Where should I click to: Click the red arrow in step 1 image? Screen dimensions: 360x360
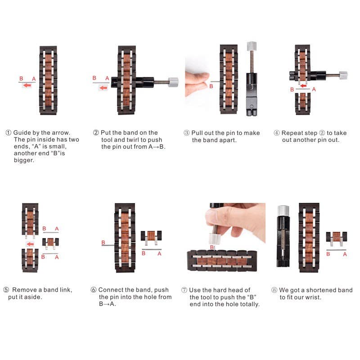pos(27,85)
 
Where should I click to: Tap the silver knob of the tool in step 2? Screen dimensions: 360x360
pos(173,82)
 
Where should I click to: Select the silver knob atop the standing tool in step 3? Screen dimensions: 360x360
pos(251,46)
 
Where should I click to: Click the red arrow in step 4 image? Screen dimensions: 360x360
pos(304,85)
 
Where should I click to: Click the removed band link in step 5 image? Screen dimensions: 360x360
pos(50,243)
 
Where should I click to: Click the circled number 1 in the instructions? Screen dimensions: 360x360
pos(8,133)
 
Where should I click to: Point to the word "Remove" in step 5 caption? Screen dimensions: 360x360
pos(25,290)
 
